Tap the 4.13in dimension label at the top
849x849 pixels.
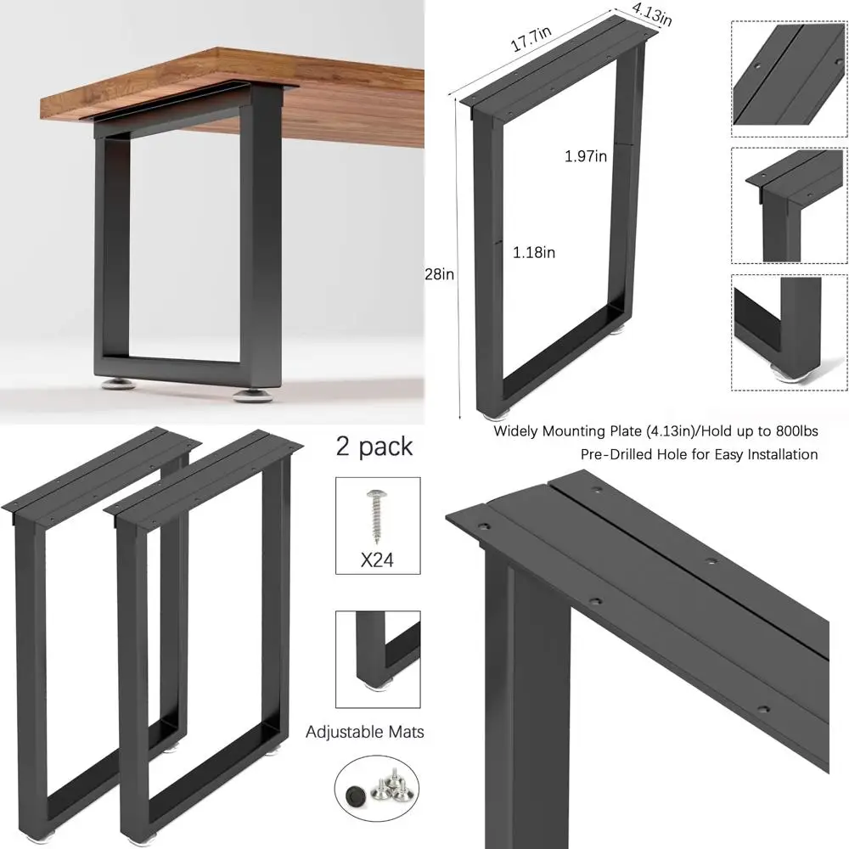tap(651, 14)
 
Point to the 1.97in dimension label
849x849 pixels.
tap(586, 156)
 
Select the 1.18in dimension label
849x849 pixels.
tap(534, 252)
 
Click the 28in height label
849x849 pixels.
tap(439, 273)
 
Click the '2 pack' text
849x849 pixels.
tap(374, 447)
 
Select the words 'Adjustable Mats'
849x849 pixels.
tap(365, 732)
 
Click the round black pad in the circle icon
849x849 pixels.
tap(355, 794)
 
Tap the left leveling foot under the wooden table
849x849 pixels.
tap(120, 385)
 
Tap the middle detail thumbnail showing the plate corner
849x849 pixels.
tap(789, 205)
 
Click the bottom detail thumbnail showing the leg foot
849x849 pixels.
tap(789, 332)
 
